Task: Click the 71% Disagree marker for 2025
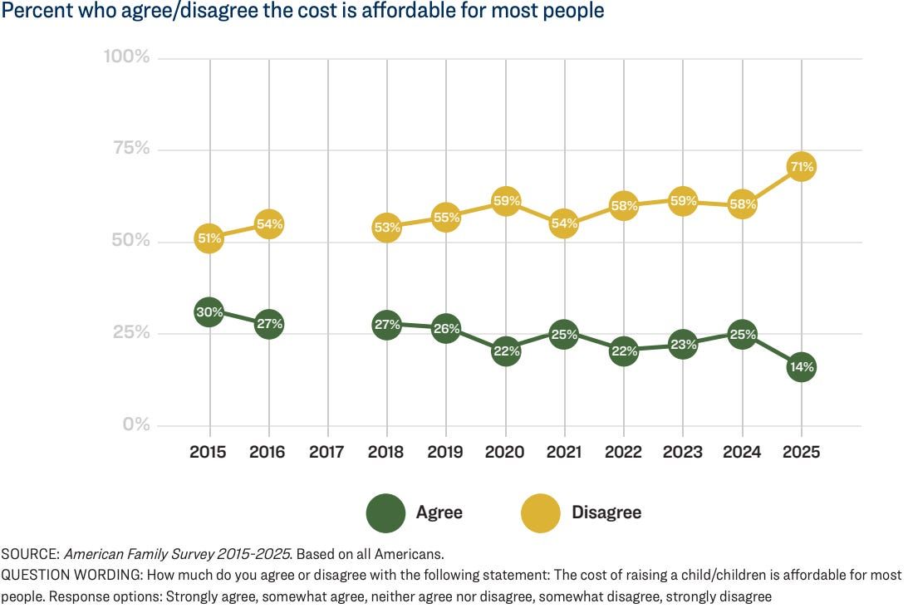click(801, 167)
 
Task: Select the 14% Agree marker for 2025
click(801, 366)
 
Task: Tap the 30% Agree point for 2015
click(209, 313)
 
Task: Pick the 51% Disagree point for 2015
click(209, 239)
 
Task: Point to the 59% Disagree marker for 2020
click(505, 201)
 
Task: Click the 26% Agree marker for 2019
click(446, 329)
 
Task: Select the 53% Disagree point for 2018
click(387, 227)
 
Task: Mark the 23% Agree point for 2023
click(682, 343)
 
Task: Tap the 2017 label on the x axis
click(327, 453)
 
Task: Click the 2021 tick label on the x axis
click(564, 453)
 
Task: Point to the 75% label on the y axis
click(130, 149)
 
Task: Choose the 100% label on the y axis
click(126, 56)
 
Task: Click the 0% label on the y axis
click(135, 424)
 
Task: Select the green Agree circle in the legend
click(385, 512)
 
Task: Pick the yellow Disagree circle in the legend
click(541, 512)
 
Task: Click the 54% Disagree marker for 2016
click(268, 224)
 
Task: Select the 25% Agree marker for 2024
click(742, 335)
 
